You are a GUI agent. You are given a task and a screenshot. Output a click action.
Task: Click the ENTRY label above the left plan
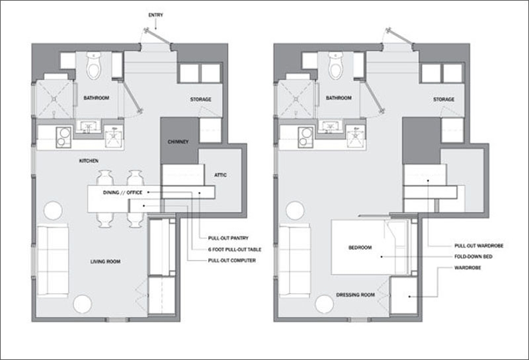[155, 15]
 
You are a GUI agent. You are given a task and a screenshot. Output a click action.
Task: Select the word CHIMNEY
[178, 142]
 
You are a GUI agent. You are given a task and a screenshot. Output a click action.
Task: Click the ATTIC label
[220, 175]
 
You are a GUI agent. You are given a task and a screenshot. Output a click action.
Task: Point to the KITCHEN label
[89, 161]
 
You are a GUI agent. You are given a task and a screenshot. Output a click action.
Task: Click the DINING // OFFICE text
[123, 193]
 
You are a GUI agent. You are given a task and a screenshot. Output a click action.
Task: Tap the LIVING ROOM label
[105, 261]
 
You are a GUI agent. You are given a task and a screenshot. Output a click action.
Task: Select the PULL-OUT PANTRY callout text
[228, 238]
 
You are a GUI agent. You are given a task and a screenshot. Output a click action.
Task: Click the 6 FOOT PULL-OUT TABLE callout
[235, 249]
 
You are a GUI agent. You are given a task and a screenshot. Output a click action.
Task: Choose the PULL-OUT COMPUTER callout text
[232, 260]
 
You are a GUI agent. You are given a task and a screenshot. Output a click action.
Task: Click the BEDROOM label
[360, 247]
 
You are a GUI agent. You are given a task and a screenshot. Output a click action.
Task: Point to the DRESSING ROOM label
[355, 295]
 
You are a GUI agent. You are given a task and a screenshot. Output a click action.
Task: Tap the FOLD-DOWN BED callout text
[473, 257]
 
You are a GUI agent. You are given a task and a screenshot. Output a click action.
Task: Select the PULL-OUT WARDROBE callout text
[479, 246]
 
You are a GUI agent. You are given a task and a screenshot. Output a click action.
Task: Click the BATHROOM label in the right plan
[339, 98]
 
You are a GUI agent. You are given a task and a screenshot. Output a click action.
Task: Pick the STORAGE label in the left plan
[201, 99]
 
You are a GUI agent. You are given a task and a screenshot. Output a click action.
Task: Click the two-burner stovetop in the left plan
[63, 137]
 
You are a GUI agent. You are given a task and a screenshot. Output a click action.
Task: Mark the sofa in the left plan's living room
[53, 261]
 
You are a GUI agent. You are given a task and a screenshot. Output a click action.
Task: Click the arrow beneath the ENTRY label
[155, 24]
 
